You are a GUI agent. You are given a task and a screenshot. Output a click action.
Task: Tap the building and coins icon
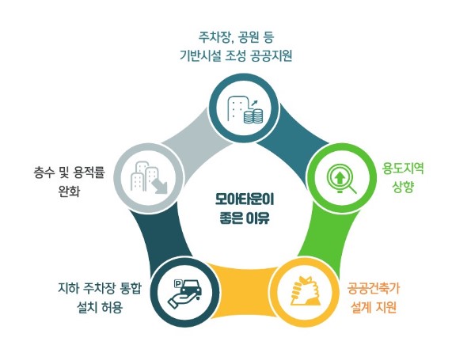point(245,109)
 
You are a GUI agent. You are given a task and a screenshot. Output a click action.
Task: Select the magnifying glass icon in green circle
point(342,179)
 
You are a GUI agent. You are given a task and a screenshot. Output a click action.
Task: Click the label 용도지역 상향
point(403,177)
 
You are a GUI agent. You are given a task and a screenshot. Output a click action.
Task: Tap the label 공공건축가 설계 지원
point(374,298)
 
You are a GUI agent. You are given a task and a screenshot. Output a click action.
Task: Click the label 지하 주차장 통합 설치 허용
point(100,298)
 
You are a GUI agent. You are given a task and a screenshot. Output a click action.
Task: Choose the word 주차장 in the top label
point(215,38)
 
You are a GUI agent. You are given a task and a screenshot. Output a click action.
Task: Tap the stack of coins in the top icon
point(253,116)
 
